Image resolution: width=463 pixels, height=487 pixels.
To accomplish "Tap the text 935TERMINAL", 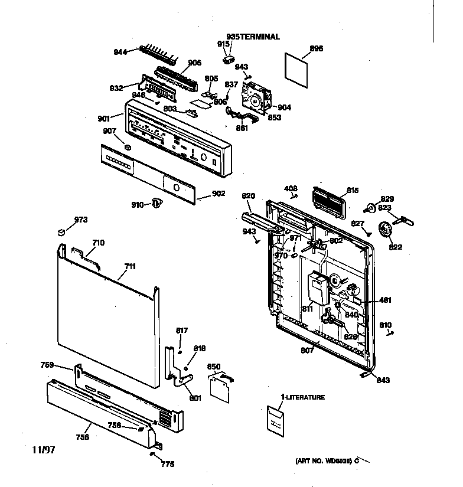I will pos(253,37).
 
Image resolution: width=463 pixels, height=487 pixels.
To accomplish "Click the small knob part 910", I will pos(156,204).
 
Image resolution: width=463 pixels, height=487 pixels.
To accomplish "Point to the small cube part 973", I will pos(60,232).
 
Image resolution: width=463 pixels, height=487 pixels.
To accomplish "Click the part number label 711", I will pos(130,267).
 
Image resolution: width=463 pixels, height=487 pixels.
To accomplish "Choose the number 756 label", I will pos(82,437).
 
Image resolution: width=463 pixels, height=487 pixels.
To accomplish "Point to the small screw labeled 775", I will pos(152,455).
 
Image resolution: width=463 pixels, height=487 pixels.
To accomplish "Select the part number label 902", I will pos(219,193).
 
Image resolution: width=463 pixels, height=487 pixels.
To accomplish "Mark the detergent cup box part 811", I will pos(318,288).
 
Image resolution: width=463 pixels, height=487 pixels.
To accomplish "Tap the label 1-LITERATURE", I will pos(302,397).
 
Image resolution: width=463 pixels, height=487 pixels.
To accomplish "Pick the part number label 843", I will pos(384,381).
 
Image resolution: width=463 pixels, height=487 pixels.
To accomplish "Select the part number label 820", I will pos(248,195).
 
